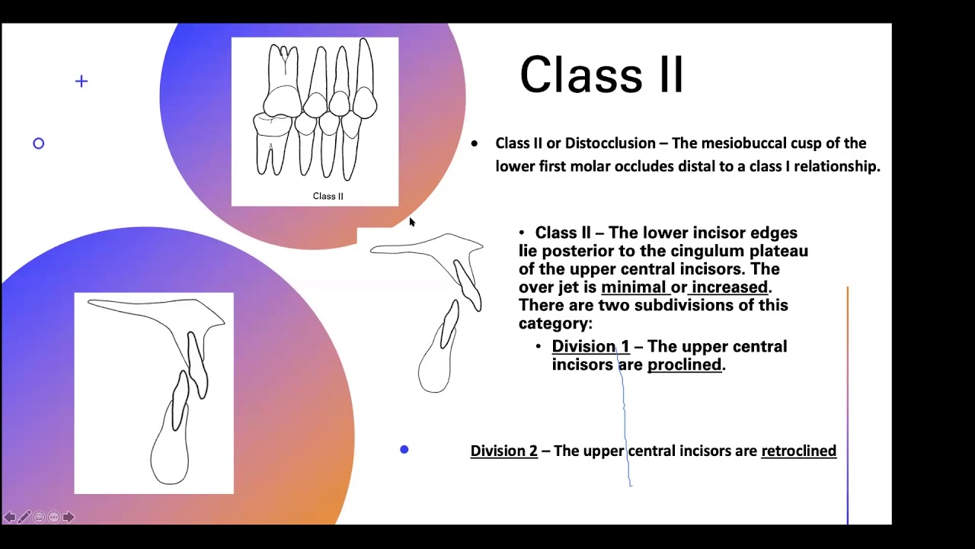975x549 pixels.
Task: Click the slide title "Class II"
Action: (x=601, y=75)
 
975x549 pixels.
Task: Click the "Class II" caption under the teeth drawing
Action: (x=328, y=196)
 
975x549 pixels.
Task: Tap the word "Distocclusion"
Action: (x=610, y=143)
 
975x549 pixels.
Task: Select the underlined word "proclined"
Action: (x=684, y=364)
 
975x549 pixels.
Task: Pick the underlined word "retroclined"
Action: (x=798, y=451)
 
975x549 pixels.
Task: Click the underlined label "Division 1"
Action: (x=590, y=347)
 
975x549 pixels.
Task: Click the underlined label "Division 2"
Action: (x=503, y=451)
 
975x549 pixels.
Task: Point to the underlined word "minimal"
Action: (x=633, y=287)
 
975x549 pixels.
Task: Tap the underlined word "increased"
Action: (x=729, y=287)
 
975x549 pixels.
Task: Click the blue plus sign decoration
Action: (x=82, y=81)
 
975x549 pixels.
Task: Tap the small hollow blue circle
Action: (x=39, y=143)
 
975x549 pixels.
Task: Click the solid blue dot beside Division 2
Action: (x=404, y=450)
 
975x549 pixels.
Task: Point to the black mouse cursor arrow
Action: (x=411, y=221)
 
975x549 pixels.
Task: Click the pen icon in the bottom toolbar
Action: (x=24, y=517)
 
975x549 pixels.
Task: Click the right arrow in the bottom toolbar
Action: (x=69, y=517)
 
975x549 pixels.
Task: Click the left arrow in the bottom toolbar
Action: (x=9, y=517)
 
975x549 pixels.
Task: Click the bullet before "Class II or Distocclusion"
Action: (x=475, y=143)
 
